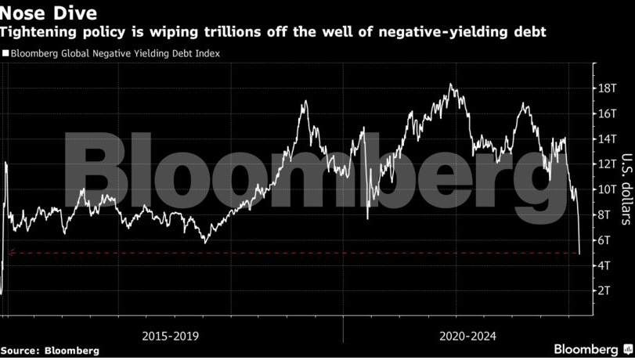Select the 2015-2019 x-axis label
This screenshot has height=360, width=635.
170,336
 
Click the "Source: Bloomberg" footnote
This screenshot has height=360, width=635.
49,351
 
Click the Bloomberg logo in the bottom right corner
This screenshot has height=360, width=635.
591,349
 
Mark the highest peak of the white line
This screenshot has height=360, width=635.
452,85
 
